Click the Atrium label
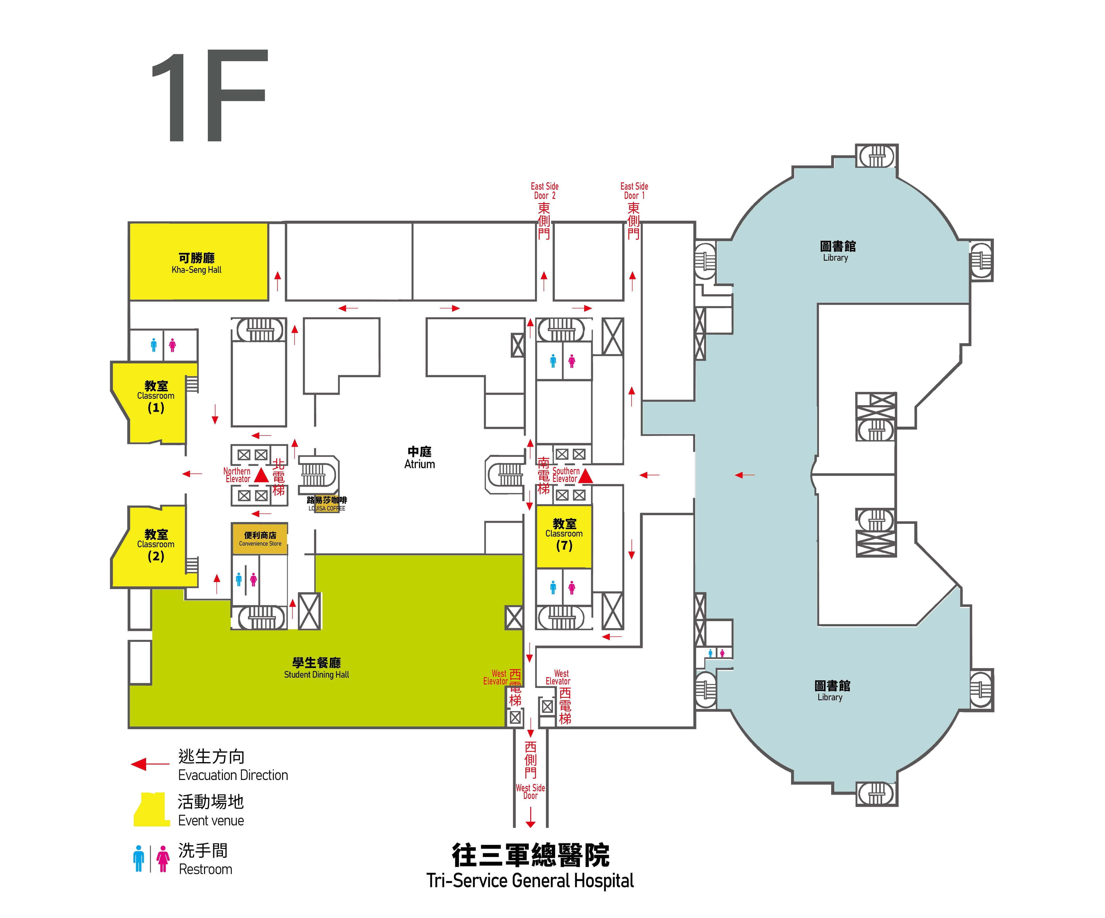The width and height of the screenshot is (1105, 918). (419, 458)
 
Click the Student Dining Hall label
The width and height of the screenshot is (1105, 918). (316, 668)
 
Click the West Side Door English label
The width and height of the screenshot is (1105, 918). (530, 792)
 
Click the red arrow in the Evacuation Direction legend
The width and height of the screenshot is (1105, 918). (150, 764)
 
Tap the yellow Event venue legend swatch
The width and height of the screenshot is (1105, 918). (152, 809)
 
